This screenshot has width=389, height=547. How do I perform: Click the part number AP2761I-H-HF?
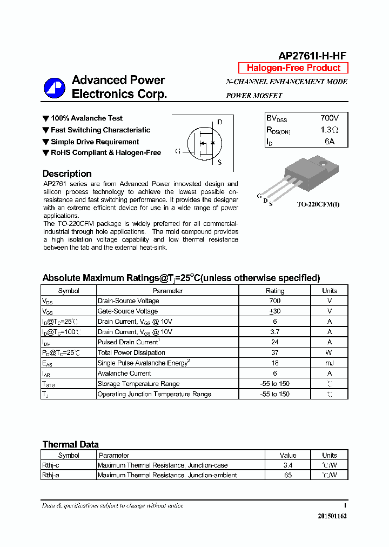[x=312, y=56]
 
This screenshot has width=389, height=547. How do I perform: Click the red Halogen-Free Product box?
[x=293, y=68]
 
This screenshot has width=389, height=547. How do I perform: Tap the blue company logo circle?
[x=54, y=88]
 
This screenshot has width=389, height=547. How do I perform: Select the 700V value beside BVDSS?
[x=329, y=118]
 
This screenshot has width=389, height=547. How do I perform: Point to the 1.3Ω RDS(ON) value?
[x=329, y=130]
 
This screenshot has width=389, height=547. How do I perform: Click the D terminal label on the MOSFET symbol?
[x=219, y=122]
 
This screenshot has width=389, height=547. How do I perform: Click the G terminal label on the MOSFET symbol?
[x=178, y=151]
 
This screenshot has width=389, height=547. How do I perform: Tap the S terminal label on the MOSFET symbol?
[x=219, y=162]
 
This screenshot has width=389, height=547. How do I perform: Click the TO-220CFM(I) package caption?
[x=319, y=204]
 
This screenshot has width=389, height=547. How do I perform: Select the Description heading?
[x=67, y=174]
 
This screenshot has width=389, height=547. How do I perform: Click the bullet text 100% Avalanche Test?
[x=86, y=118]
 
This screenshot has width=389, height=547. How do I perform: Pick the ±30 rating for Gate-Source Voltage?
[x=274, y=311]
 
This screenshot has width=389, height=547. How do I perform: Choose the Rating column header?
[x=274, y=291]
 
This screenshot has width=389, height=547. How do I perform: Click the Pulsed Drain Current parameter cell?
[x=128, y=342]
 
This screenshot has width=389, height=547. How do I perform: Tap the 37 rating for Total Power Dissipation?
[x=274, y=353]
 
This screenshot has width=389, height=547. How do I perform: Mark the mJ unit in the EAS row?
[x=329, y=363]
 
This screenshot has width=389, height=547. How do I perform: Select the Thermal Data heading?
[x=70, y=445]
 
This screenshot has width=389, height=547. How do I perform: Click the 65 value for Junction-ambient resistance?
[x=288, y=476]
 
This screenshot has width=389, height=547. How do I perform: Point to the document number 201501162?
[x=332, y=516]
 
